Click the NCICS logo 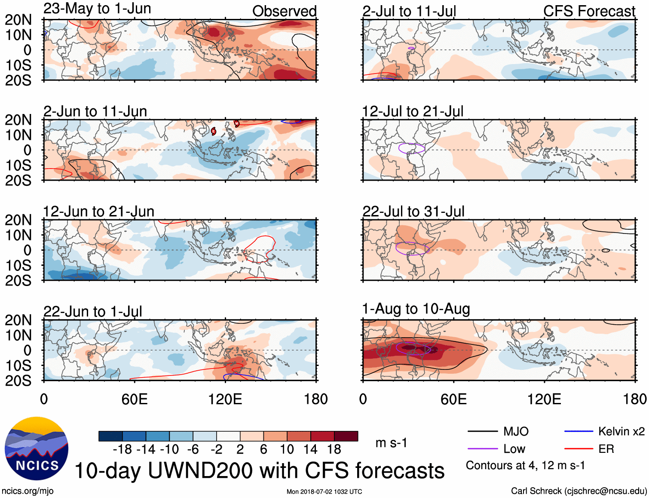pyautogui.click(x=36, y=449)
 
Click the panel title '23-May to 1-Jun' pyautogui.click(x=97, y=9)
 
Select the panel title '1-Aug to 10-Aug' pyautogui.click(x=416, y=309)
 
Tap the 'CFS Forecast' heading pyautogui.click(x=589, y=11)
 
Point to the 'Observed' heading pyautogui.click(x=284, y=11)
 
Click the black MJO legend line pyautogui.click(x=482, y=431)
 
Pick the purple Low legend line pyautogui.click(x=482, y=449)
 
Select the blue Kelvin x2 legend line pyautogui.click(x=579, y=431)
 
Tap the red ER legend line pyautogui.click(x=579, y=449)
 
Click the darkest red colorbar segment pyautogui.click(x=346, y=436)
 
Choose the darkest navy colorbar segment pyautogui.click(x=110, y=436)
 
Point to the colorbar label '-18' pyautogui.click(x=122, y=449)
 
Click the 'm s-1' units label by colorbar pyautogui.click(x=391, y=443)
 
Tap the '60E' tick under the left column pyautogui.click(x=135, y=399)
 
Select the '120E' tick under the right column pyautogui.click(x=544, y=399)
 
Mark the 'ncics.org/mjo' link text pyautogui.click(x=28, y=491)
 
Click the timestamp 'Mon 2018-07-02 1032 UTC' pyautogui.click(x=324, y=492)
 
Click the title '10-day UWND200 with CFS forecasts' pyautogui.click(x=260, y=470)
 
